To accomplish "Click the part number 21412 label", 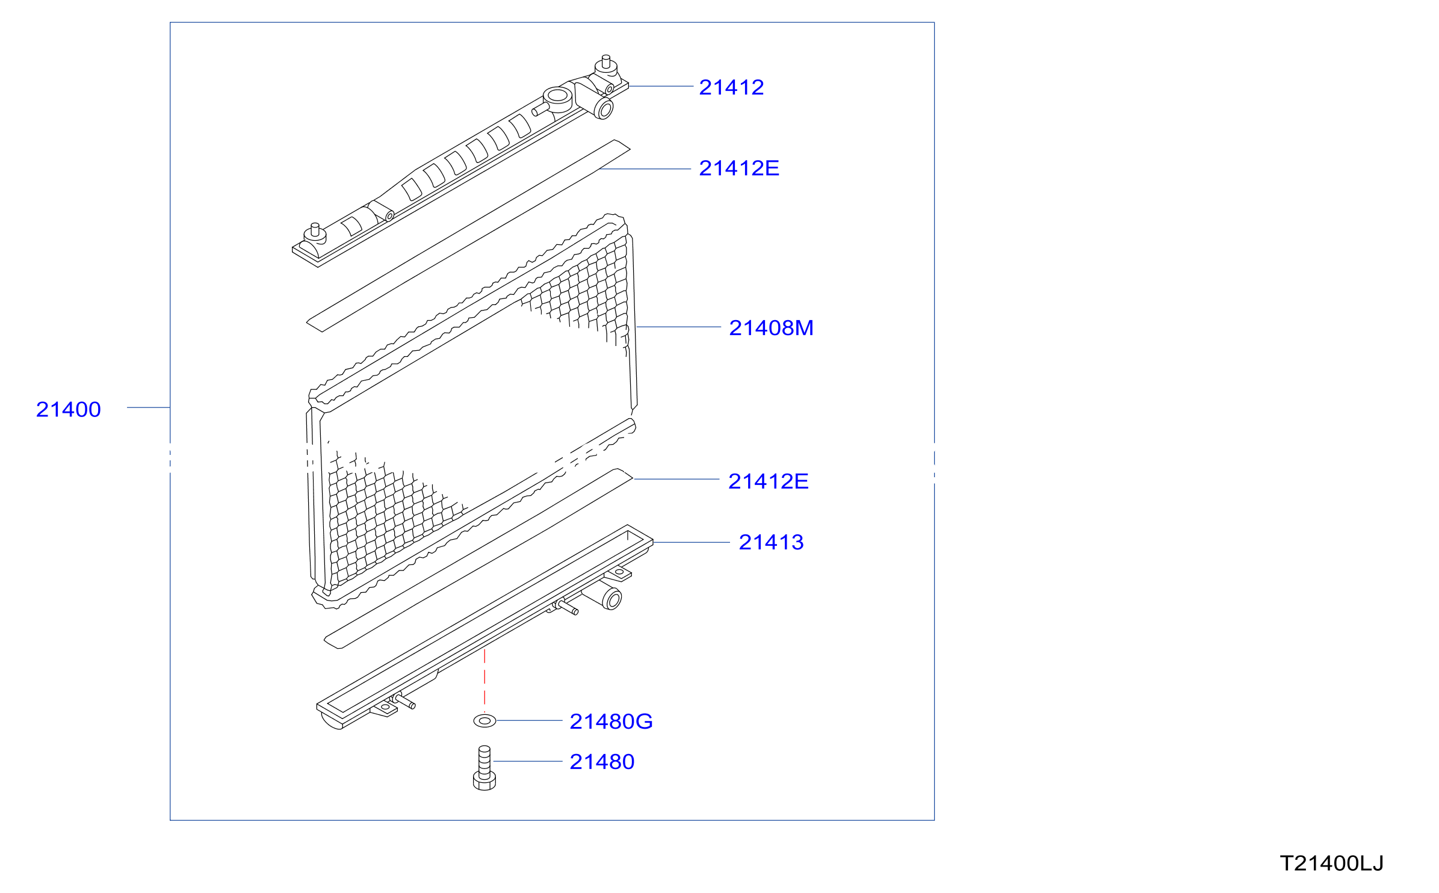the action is pos(731,88).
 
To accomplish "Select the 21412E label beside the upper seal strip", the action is pos(739,168).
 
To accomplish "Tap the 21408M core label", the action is pos(771,328).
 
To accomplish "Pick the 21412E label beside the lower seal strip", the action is pos(768,481).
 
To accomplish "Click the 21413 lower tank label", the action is pos(771,542).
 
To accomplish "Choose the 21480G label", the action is pos(611,722).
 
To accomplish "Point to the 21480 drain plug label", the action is pos(602,762).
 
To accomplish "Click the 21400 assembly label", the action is pos(68,410).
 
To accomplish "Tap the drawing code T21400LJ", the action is pos(1332,864).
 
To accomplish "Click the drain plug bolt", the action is pos(484,768).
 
